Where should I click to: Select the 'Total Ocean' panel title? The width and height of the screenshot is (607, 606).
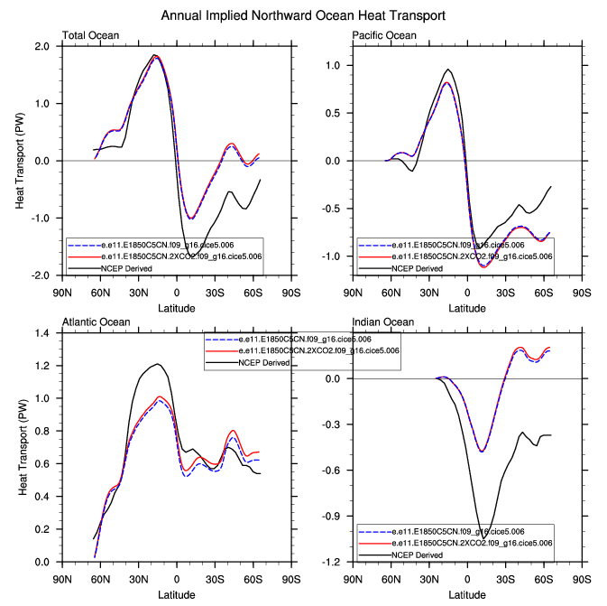[91, 36]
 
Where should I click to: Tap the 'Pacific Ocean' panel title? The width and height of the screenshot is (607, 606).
[384, 36]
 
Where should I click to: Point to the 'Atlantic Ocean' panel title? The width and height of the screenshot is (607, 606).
[97, 322]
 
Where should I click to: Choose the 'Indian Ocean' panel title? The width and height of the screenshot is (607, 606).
[383, 322]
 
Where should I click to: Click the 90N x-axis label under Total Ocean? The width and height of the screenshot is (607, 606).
[61, 293]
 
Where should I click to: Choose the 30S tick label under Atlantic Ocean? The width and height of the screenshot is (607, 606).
[215, 579]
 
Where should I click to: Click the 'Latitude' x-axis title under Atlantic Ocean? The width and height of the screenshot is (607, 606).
[176, 595]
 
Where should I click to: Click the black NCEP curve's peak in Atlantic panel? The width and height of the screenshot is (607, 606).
[158, 364]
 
